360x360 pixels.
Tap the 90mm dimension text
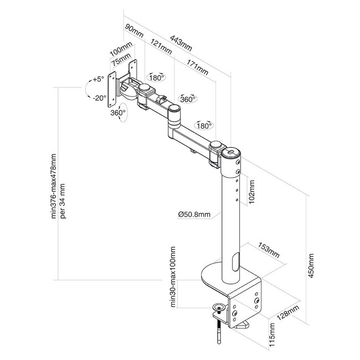(134, 32)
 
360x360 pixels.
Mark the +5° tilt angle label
(99, 80)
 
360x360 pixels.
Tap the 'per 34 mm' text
(63, 198)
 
